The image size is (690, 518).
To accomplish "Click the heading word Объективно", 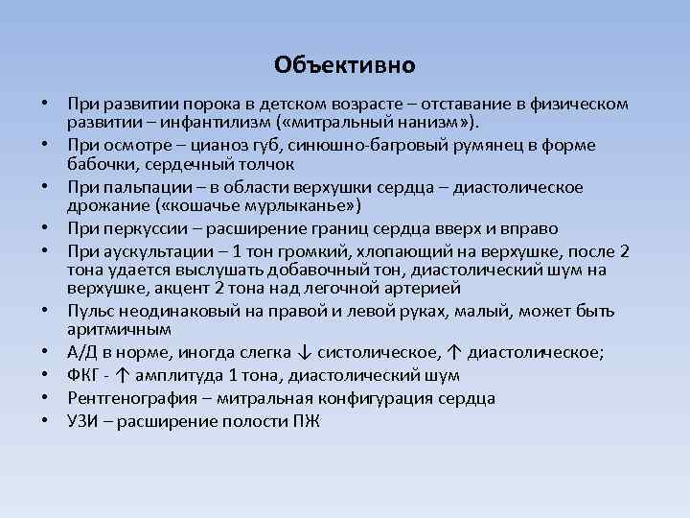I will click(344, 65).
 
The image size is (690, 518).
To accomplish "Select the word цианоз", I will click(214, 145).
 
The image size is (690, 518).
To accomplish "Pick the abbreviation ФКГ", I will click(85, 374).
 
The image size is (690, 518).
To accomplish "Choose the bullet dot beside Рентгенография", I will click(45, 396).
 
